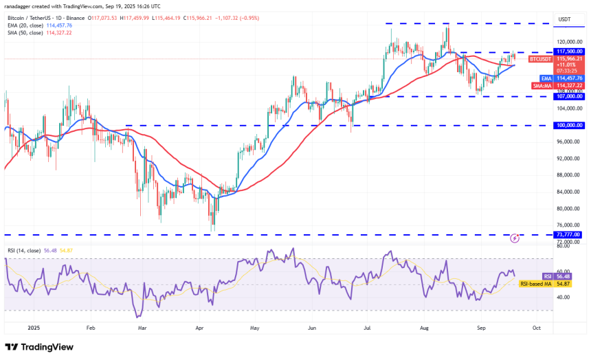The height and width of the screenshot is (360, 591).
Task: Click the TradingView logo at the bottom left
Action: (41, 347)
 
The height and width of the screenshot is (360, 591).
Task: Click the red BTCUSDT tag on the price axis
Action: (540, 59)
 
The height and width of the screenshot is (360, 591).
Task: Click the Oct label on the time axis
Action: (536, 328)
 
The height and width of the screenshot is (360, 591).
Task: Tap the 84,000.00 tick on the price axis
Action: (568, 192)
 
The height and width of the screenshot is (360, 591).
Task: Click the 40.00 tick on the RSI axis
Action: (565, 297)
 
